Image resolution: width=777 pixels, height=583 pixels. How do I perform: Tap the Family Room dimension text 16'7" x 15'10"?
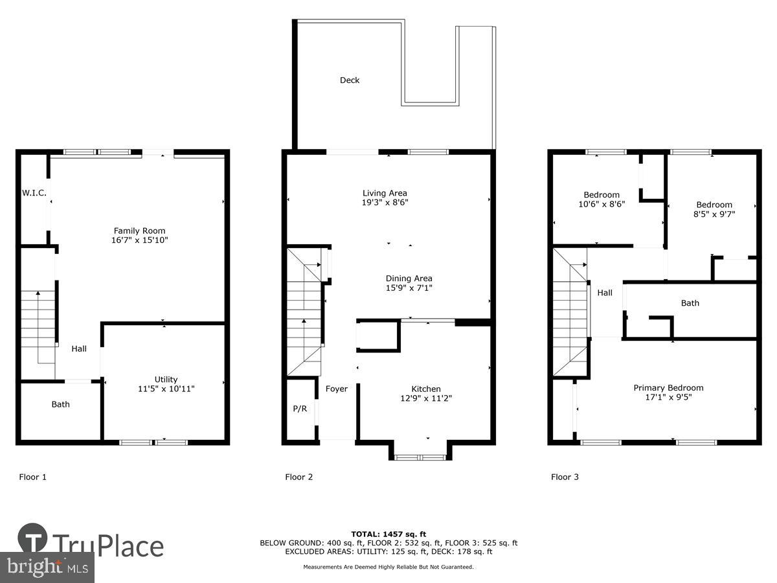point(140,240)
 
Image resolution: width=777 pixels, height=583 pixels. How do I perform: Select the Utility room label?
point(166,380)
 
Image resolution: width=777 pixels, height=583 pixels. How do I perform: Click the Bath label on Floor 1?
point(61,404)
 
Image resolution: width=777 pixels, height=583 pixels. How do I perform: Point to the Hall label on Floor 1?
point(79,349)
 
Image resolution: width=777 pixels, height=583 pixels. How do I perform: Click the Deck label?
point(350,80)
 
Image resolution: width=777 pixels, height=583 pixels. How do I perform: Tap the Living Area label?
point(385,193)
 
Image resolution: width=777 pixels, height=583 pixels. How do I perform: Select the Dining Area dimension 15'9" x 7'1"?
point(409,288)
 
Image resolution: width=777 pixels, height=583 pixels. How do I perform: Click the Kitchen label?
point(425,389)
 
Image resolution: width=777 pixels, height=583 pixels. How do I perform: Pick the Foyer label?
point(336,389)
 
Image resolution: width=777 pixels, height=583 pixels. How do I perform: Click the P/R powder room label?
point(300,409)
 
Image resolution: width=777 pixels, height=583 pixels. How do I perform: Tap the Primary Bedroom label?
point(668,388)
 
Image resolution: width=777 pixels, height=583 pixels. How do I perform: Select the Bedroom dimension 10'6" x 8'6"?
point(602,203)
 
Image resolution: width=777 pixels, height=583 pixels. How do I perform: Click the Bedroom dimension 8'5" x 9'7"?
point(714,213)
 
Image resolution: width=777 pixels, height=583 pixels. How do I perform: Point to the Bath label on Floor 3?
point(690,303)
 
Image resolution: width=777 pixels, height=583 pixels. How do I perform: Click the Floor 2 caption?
point(299,477)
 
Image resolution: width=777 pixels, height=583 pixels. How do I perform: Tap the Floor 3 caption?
point(565,477)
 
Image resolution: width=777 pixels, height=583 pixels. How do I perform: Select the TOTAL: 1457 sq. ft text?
point(388,534)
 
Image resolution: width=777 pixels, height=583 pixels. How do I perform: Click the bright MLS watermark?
point(47,567)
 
